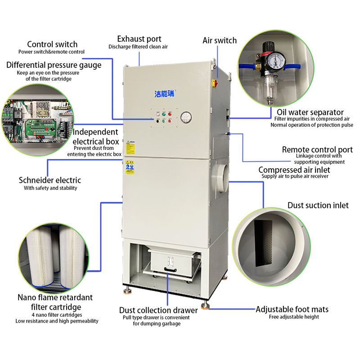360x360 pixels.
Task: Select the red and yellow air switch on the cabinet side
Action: (215, 83)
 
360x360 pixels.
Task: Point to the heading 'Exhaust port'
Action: (139, 39)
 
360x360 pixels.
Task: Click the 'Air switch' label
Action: (219, 40)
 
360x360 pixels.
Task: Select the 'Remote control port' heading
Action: (317, 149)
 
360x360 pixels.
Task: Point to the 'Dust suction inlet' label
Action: (318, 205)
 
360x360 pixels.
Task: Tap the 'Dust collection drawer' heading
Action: (158, 310)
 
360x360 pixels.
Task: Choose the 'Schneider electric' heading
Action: (50, 180)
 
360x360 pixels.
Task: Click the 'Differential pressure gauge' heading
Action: (54, 65)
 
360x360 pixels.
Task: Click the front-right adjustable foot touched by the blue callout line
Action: (205, 306)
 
